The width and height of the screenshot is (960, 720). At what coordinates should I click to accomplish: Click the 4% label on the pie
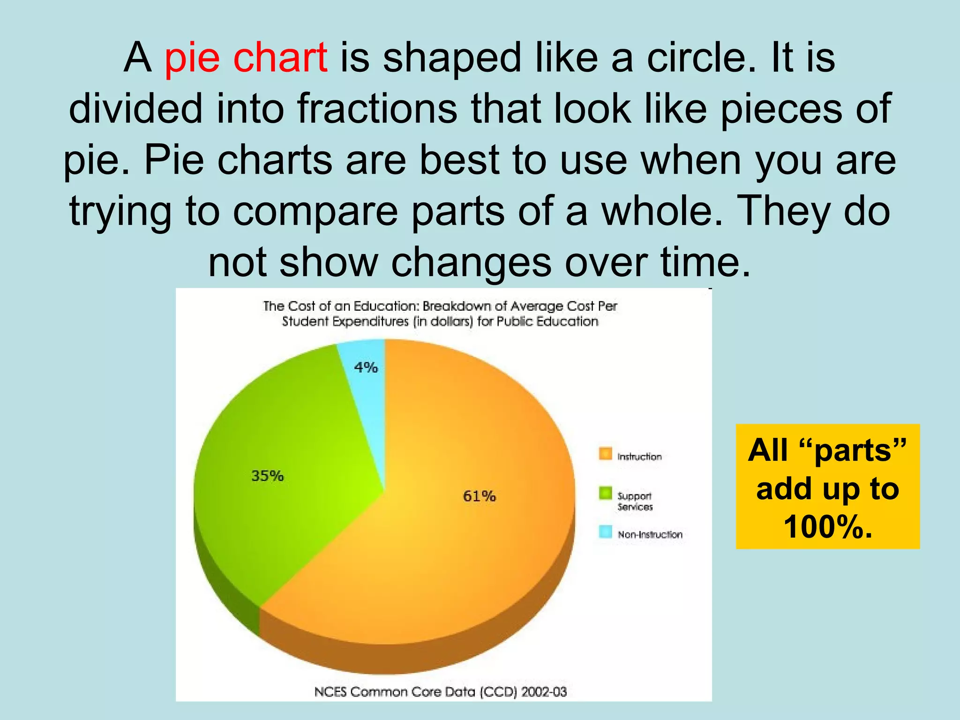(x=366, y=367)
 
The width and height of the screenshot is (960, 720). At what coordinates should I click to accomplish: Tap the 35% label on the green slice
(x=268, y=476)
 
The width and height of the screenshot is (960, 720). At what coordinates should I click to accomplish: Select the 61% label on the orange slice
(x=479, y=496)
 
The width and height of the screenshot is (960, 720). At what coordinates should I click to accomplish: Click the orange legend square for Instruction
(x=605, y=454)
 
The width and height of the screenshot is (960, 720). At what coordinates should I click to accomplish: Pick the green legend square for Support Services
(x=605, y=493)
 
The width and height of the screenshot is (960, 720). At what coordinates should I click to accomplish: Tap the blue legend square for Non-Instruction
(x=605, y=532)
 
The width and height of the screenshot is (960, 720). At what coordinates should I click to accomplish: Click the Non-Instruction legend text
(x=650, y=534)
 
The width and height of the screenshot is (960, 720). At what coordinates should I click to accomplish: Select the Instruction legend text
(x=639, y=457)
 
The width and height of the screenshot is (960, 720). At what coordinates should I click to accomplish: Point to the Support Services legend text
(x=635, y=501)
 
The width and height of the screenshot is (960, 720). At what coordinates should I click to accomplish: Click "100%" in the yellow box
(x=828, y=527)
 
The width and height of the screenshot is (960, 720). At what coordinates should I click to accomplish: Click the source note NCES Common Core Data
(x=440, y=692)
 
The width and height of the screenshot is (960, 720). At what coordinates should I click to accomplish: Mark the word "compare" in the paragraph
(x=315, y=211)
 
